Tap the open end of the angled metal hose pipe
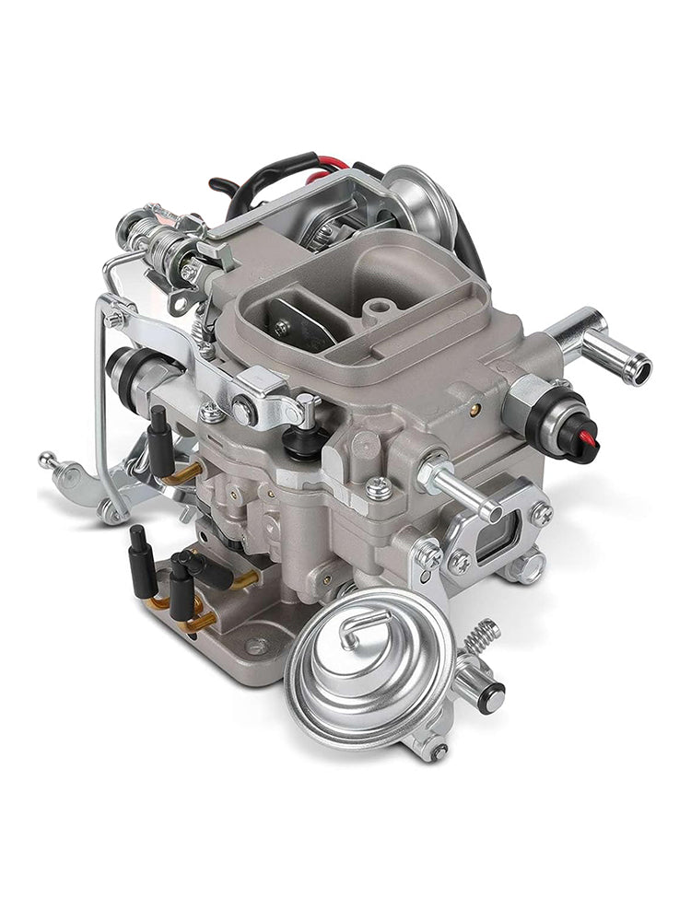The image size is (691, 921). click(636, 367)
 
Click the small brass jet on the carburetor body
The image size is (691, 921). click(475, 405)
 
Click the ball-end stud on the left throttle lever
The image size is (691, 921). click(47, 459)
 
